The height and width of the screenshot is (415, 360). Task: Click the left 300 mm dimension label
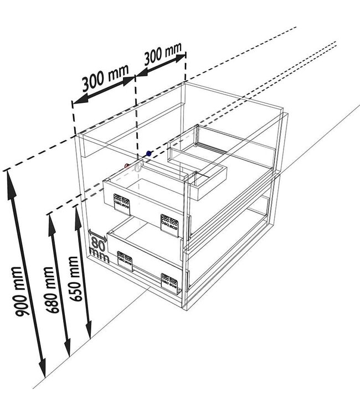[x=105, y=79]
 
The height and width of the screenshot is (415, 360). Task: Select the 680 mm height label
[x=52, y=289]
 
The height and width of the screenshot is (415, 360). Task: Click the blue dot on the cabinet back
[x=148, y=153]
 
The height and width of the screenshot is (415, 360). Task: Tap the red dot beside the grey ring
[x=127, y=165]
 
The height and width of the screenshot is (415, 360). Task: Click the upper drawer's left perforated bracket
[x=122, y=203]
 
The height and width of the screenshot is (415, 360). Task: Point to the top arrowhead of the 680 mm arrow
[x=50, y=216]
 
